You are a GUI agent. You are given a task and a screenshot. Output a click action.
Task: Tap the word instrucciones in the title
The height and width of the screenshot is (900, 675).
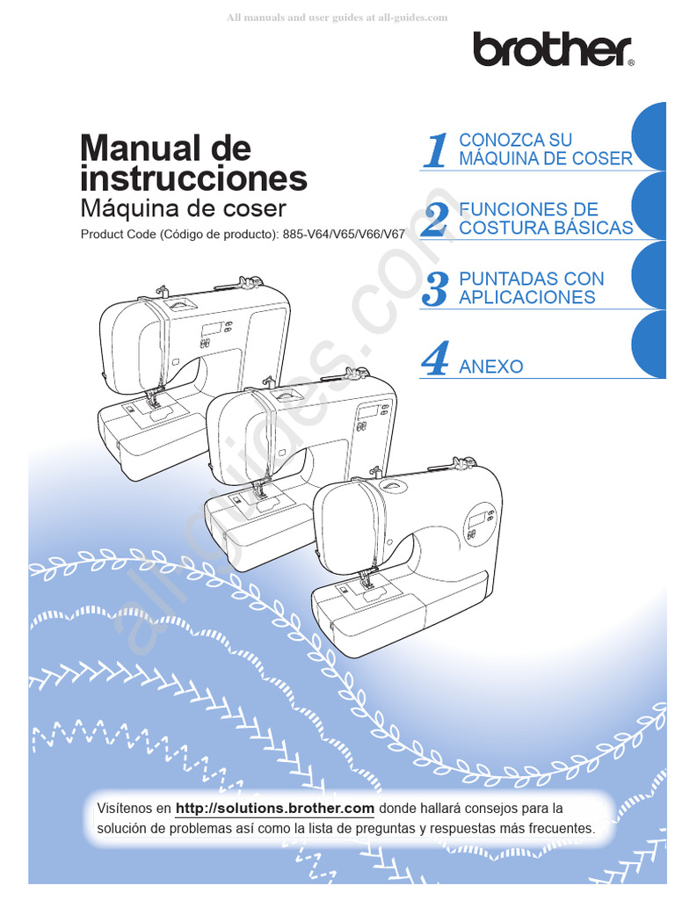click(193, 178)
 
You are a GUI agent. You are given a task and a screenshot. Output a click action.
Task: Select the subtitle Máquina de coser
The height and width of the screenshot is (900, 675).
click(183, 209)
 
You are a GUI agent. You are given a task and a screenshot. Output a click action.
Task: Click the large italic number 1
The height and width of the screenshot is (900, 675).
click(435, 150)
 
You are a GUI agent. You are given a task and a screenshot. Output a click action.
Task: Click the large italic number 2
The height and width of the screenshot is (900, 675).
click(434, 220)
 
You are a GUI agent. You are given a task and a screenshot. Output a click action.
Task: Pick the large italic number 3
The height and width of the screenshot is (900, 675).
click(434, 289)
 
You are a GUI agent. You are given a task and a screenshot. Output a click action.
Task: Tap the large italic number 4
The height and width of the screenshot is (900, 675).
click(435, 360)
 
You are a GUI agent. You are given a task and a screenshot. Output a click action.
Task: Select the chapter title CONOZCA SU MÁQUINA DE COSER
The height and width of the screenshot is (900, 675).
click(545, 149)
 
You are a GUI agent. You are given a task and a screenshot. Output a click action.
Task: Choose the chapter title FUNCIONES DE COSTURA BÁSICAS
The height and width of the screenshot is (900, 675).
click(545, 219)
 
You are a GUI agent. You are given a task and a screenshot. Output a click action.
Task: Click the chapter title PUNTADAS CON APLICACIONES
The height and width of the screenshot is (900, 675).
click(531, 288)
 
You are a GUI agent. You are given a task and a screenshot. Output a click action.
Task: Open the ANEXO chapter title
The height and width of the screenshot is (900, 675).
click(490, 367)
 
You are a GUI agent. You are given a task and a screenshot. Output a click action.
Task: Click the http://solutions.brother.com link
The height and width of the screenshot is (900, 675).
click(275, 808)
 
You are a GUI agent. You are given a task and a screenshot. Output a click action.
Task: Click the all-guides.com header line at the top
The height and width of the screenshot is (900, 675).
click(337, 17)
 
